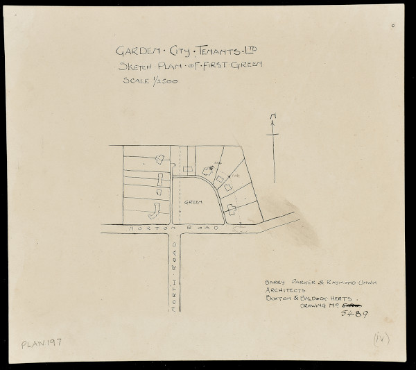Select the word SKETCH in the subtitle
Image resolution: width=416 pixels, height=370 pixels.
[137, 68]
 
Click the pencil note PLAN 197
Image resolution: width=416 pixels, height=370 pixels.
[42, 343]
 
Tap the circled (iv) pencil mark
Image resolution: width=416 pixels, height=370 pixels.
[381, 338]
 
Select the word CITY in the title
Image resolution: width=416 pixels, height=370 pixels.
[175, 52]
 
